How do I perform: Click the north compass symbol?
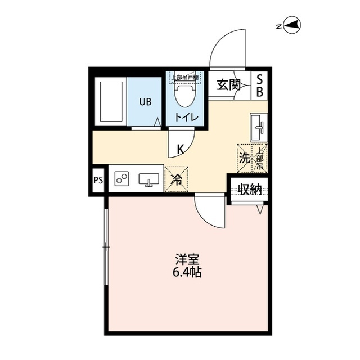click(293, 24)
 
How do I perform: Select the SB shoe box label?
click(260, 86)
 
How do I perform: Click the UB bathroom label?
click(145, 102)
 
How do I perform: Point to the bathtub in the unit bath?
click(111, 102)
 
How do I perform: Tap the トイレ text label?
click(185, 118)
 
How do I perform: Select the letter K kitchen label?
click(181, 150)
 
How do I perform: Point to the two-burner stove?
click(121, 179)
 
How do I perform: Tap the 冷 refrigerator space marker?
click(176, 180)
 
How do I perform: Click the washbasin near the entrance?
click(259, 127)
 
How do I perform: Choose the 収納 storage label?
click(249, 190)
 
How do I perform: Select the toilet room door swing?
click(181, 141)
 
